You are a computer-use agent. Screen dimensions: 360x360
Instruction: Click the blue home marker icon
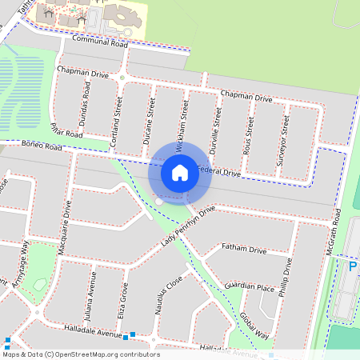coord(180,172)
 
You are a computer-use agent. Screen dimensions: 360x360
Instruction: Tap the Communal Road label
coord(100,41)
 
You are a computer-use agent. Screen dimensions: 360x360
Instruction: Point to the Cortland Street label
coord(117,121)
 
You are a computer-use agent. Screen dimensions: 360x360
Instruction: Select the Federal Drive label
coord(218,171)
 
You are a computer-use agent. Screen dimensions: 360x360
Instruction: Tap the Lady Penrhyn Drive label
coord(189,226)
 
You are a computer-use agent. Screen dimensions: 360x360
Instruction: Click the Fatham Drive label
coord(244,250)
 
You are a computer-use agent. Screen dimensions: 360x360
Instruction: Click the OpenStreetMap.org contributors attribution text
coord(108,354)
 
